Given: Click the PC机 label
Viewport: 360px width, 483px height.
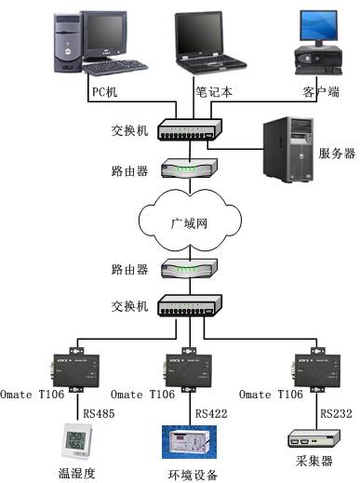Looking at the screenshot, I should click(105, 92).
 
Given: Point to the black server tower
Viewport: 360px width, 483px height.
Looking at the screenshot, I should click(288, 146).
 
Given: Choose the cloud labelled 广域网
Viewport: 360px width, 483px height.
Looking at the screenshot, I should click(189, 223).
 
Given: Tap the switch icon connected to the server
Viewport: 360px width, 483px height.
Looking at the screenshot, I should click(189, 132).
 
